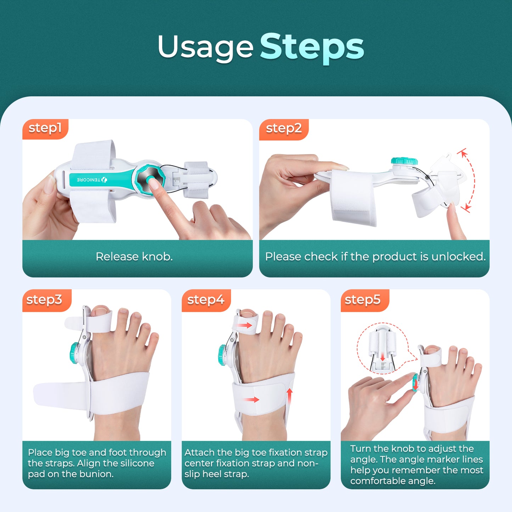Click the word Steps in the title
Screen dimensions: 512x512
[x=312, y=47]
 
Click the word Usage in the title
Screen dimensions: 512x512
[x=206, y=47]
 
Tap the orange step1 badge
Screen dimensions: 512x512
[x=45, y=128]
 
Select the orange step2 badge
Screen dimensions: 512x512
[x=283, y=128]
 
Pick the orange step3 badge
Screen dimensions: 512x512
[x=44, y=300]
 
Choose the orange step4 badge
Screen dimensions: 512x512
[x=206, y=300]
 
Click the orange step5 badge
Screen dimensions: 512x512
[x=362, y=300]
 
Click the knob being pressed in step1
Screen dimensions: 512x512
[x=150, y=179]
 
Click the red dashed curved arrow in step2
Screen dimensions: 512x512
[x=471, y=181]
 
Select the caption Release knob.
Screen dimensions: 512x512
[x=134, y=257]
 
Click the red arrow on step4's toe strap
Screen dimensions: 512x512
[x=244, y=325]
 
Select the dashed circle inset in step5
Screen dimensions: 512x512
[x=383, y=349]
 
